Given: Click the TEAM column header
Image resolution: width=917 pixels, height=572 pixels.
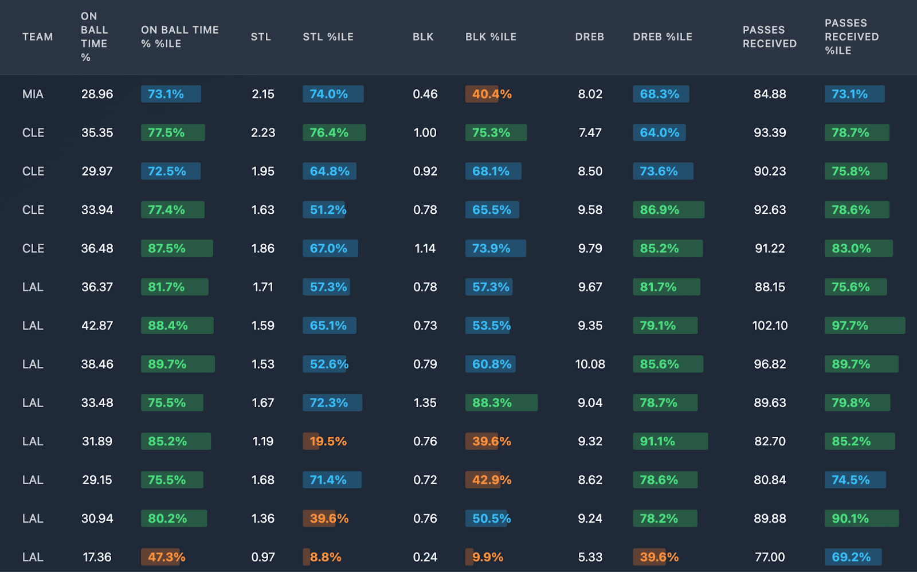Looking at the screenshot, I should point(37,37).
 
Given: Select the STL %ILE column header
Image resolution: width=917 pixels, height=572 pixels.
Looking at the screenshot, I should point(328,37).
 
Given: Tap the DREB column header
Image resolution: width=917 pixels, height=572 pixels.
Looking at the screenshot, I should point(589,37).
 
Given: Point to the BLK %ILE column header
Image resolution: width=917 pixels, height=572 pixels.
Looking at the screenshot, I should point(491,37).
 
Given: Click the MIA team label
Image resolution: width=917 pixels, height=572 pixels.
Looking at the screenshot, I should point(33,94).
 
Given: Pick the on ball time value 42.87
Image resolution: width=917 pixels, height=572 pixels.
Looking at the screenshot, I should point(97,326).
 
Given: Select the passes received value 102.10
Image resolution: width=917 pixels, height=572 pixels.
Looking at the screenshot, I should point(770,326).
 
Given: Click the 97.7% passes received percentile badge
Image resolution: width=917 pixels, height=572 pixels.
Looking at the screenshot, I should point(864,326).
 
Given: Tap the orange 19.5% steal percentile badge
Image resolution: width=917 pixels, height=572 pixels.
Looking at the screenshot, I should point(328,441).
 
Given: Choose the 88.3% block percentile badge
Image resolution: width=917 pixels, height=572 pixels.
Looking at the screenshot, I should point(501,403).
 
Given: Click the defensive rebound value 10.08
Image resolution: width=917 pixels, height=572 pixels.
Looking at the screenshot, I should point(590,364).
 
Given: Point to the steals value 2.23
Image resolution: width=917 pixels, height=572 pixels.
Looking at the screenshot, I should point(263,132).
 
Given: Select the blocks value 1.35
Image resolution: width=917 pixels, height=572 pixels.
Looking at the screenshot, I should point(425,403).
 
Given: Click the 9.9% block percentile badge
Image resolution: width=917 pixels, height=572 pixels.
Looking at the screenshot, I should point(487,557).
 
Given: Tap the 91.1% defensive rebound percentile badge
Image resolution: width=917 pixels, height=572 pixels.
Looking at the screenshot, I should point(669,441).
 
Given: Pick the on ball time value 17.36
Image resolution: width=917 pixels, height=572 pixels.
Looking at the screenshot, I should point(97,557).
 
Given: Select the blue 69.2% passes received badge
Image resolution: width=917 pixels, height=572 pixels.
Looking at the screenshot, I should point(852,557).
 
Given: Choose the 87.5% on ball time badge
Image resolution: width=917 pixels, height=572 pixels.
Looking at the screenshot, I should point(177,248).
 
